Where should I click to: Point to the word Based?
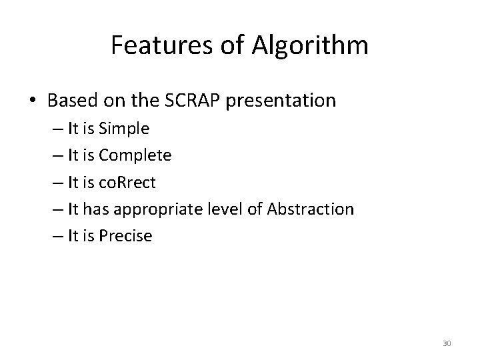click(71, 101)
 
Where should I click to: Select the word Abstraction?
click(310, 209)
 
